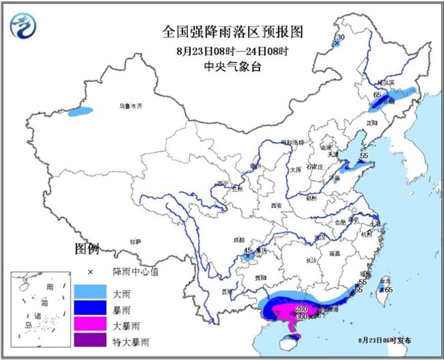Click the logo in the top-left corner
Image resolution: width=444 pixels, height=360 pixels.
[24, 25]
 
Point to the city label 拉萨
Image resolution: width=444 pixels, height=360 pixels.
[136, 241]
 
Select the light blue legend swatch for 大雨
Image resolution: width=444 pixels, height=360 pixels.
[89, 293]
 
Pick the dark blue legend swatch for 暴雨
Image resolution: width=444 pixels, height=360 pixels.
[89, 309]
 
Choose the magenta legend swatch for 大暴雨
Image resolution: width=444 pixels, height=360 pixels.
[89, 324]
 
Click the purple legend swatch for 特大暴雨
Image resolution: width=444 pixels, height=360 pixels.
[89, 340]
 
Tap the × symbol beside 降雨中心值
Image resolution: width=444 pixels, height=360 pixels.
[89, 272]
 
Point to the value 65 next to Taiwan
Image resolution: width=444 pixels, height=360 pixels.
[389, 290]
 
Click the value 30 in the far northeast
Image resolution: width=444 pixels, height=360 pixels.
[340, 37]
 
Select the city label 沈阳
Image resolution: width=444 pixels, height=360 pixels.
[371, 124]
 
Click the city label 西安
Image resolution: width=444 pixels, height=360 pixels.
[276, 205]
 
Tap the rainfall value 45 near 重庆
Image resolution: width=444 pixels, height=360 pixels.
[247, 251]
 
